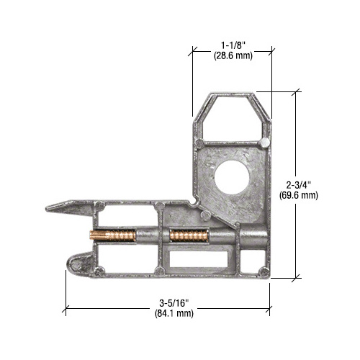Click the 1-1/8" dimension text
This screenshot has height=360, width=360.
(233, 45)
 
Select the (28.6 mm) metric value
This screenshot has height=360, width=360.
(233, 55)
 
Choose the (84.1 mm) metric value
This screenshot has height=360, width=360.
(167, 314)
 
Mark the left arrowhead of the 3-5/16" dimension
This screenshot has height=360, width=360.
(68, 310)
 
